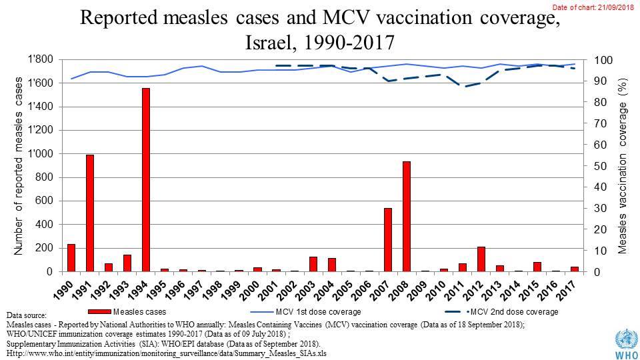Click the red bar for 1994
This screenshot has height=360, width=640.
tap(146, 180)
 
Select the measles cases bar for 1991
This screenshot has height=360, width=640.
tap(89, 213)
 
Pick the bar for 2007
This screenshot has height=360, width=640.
tap(387, 240)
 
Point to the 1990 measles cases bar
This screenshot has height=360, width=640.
tap(71, 258)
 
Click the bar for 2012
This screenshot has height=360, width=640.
tap(481, 259)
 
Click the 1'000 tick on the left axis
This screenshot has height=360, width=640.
tap(42, 154)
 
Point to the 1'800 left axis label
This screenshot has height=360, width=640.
tap(42, 60)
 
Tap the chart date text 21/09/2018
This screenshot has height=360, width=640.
tap(616, 6)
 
